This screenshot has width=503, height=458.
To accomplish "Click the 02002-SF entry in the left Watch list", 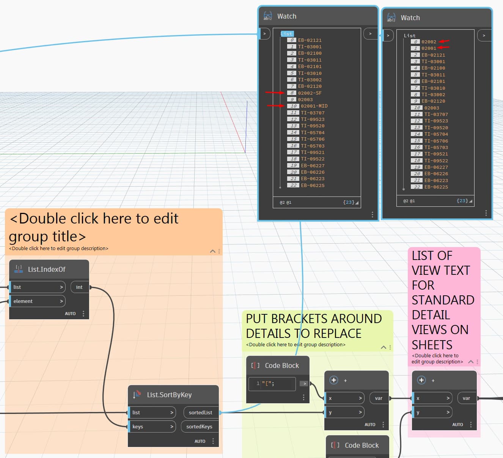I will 310,93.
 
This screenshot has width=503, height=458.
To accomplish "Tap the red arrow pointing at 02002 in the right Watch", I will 444,41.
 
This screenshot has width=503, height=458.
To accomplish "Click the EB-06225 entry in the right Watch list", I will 436,187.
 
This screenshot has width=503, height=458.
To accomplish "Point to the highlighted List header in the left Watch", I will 287,34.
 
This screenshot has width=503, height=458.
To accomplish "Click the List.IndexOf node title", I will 46,269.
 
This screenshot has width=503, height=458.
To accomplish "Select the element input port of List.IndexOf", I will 37,301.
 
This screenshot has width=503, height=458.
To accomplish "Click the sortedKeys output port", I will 200,427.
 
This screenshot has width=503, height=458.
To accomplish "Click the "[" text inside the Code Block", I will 267,384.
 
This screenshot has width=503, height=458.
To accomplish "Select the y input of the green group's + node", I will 344,412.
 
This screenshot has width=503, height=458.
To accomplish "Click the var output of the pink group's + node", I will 466,398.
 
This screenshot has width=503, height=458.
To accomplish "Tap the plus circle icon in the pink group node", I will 421,380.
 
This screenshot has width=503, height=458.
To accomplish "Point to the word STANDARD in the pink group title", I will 443,300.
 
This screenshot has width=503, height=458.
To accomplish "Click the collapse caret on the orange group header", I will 213,251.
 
